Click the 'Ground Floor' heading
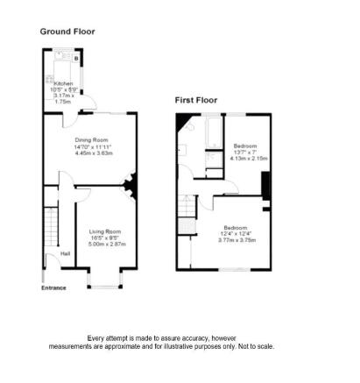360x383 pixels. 67,32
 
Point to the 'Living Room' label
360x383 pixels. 106,231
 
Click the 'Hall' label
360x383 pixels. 66,255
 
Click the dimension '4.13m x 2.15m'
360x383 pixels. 250,158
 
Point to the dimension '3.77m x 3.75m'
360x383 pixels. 236,239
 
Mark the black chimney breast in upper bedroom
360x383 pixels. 265,186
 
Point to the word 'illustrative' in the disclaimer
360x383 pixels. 196,346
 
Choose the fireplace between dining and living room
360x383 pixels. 129,185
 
